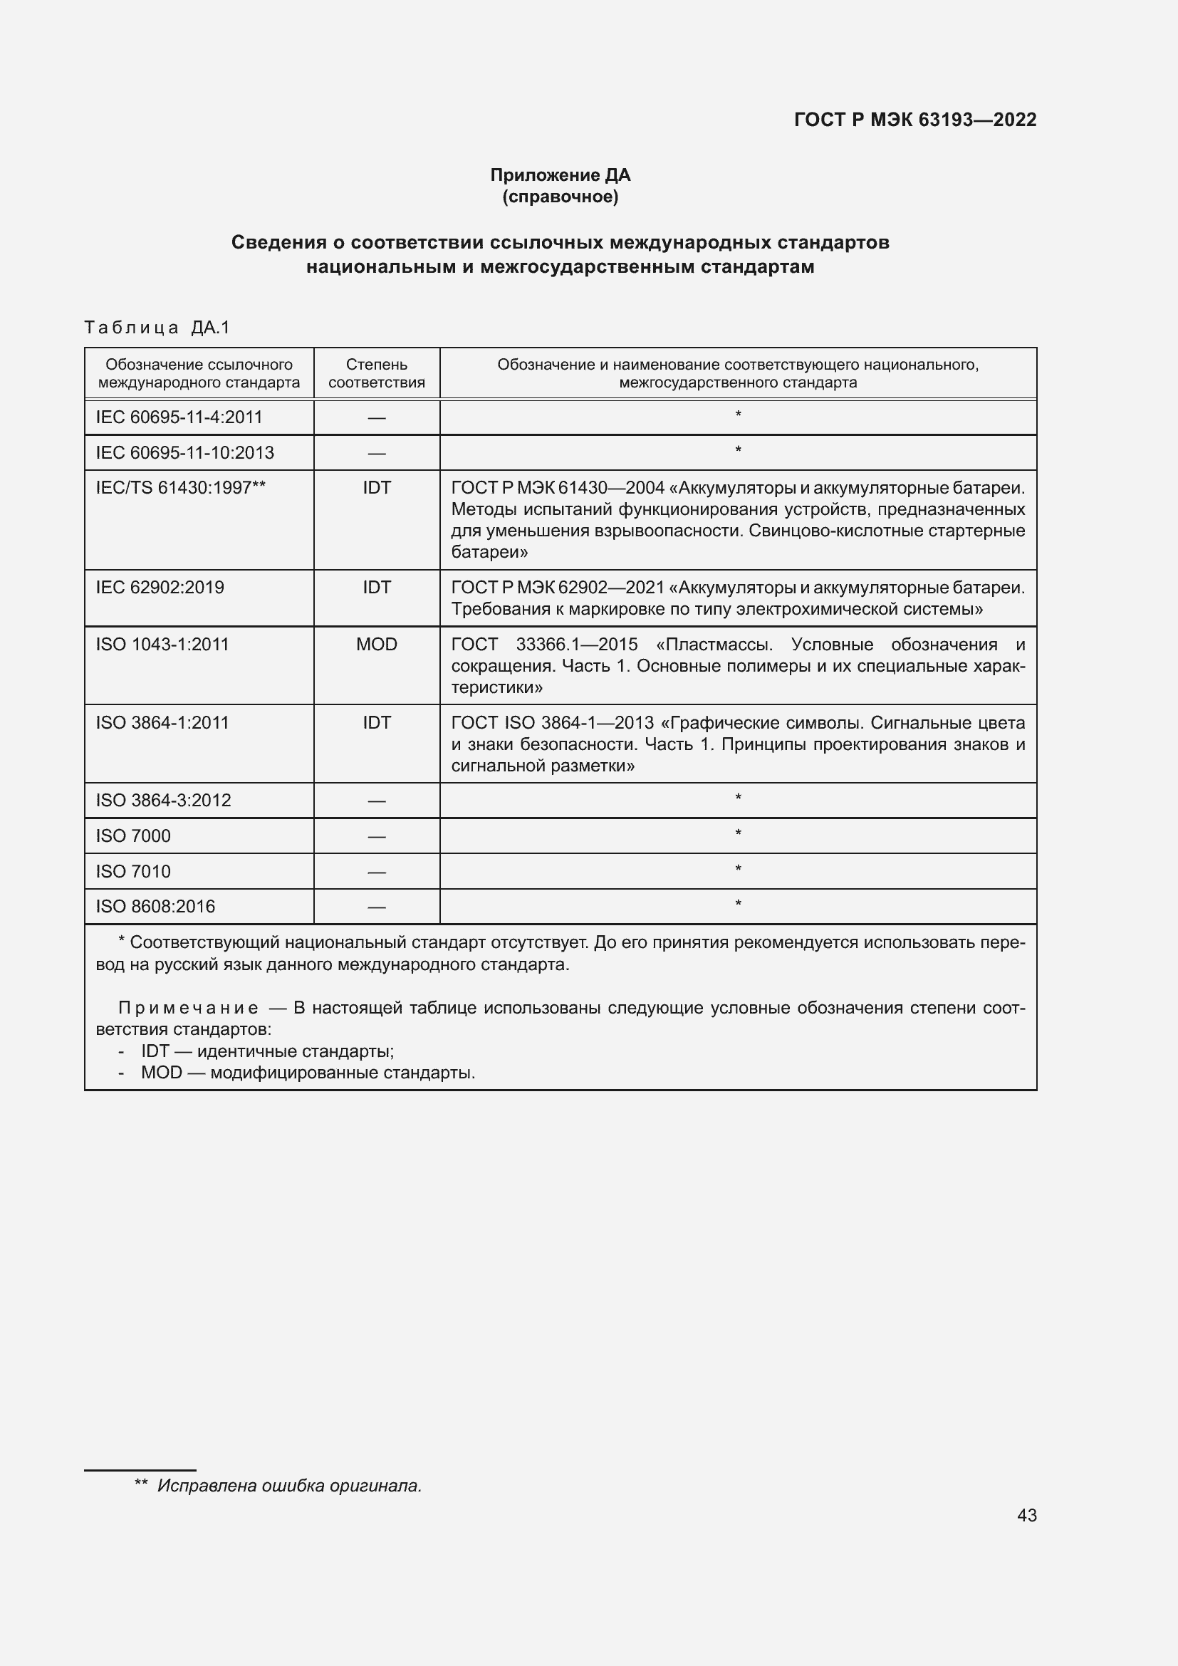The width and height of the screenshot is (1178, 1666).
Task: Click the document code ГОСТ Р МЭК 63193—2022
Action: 914,120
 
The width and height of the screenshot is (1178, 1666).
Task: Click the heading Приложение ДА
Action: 560,175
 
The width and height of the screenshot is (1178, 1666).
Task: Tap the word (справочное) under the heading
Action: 560,197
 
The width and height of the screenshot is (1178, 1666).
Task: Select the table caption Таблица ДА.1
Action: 157,327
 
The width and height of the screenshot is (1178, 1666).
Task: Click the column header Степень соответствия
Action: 377,373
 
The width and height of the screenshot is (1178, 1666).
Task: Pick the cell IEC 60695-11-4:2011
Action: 179,417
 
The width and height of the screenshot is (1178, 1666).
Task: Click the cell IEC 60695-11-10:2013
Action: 185,453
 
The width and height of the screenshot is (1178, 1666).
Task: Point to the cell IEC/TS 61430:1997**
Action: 181,488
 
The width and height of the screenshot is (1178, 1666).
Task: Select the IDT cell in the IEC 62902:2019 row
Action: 377,587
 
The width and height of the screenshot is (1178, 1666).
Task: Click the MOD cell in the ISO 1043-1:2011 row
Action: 377,645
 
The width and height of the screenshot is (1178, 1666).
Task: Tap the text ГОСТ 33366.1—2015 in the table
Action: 544,645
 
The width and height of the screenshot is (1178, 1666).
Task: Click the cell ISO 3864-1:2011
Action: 162,723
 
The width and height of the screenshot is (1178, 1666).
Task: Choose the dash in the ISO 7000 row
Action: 377,837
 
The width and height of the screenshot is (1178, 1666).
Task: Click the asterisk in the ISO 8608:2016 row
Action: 738,905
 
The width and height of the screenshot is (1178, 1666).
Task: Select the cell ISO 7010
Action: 133,871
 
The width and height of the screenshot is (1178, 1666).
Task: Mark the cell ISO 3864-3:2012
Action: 163,801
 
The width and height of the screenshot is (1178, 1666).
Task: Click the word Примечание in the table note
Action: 188,1008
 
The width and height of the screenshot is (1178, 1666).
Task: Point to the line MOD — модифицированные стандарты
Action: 308,1073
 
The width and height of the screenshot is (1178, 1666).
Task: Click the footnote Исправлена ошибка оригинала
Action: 288,1485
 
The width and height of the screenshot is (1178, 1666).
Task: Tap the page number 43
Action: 1026,1515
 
